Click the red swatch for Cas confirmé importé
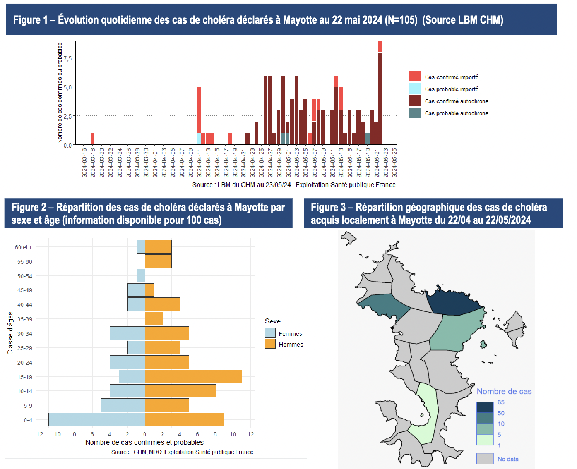pyautogui.click(x=415, y=77)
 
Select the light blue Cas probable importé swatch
pyautogui.click(x=415, y=89)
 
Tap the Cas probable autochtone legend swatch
pyautogui.click(x=415, y=112)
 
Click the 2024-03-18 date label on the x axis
pyautogui.click(x=93, y=163)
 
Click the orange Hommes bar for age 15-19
pyautogui.click(x=193, y=376)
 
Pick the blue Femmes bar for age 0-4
pyautogui.click(x=96, y=419)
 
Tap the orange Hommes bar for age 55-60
pyautogui.click(x=158, y=261)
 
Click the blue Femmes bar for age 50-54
pyautogui.click(x=141, y=276)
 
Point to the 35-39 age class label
pyautogui.click(x=25, y=319)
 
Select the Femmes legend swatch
pyautogui.click(x=270, y=333)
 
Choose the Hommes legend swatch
pyautogui.click(x=270, y=344)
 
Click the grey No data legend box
pyautogui.click(x=485, y=459)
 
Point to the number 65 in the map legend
pyautogui.click(x=501, y=402)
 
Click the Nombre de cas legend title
pyautogui.click(x=504, y=391)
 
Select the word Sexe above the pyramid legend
pyautogui.click(x=272, y=321)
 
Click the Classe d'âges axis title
pyautogui.click(x=10, y=333)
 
